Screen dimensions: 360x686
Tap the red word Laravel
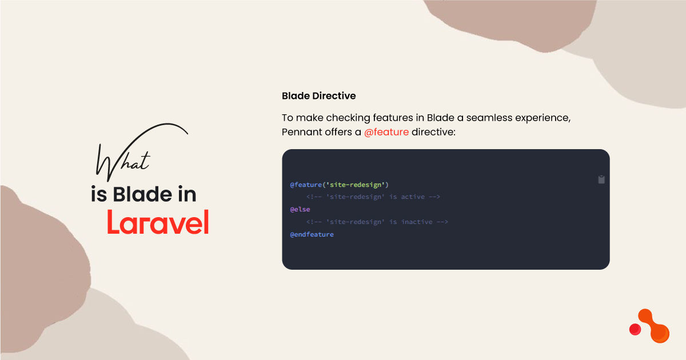tap(158, 222)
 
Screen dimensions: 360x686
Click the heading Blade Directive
tap(318, 95)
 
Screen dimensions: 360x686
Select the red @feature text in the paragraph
tap(386, 132)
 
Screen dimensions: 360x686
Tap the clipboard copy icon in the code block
tap(601, 179)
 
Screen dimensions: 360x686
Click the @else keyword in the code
tap(300, 209)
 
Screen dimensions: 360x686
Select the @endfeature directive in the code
tap(312, 234)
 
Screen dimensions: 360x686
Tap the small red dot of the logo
tap(635, 329)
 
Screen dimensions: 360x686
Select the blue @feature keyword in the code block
tap(306, 185)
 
